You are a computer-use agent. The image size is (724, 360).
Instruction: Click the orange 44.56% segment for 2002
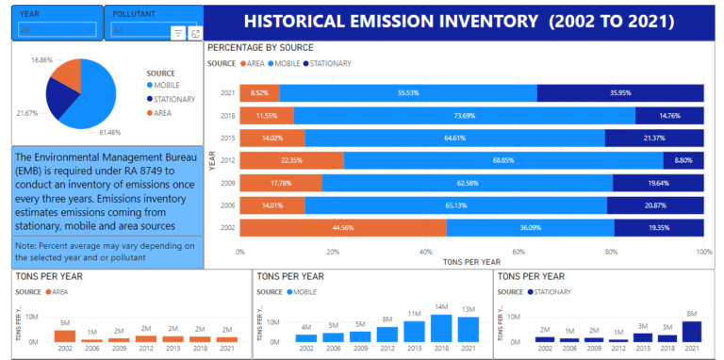(342, 228)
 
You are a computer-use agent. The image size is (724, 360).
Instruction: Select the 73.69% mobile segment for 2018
(464, 115)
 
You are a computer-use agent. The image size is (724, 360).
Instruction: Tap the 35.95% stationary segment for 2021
(620, 92)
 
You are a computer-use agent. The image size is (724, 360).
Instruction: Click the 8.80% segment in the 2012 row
(683, 160)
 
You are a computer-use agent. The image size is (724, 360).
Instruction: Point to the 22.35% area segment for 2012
(291, 160)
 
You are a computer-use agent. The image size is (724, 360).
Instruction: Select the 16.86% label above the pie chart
(41, 59)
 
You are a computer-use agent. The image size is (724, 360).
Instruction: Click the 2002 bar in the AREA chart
(65, 335)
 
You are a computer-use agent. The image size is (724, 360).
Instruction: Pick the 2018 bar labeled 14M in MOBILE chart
(442, 327)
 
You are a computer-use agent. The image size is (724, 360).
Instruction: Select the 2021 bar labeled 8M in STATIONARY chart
(690, 331)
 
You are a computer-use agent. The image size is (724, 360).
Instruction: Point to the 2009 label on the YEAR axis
(227, 183)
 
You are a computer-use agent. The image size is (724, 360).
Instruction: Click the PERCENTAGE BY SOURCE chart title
(260, 47)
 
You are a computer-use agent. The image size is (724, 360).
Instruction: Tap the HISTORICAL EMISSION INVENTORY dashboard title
(458, 21)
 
